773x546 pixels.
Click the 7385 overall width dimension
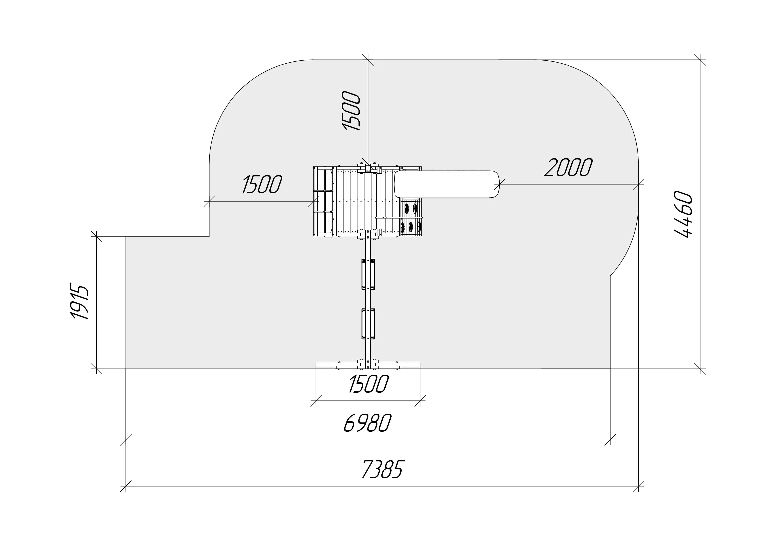[x=382, y=469]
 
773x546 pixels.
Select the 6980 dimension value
[x=367, y=423]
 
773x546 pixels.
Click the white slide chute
[x=447, y=184]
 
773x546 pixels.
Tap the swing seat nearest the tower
[x=368, y=274]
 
